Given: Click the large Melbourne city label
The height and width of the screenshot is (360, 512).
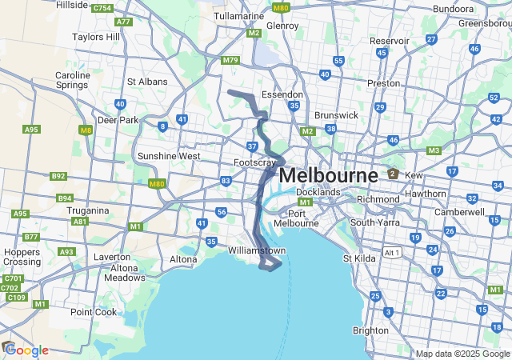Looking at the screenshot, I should (329, 175).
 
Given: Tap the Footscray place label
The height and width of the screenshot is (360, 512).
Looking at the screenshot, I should (254, 162).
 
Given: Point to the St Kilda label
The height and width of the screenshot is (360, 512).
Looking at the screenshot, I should (359, 258).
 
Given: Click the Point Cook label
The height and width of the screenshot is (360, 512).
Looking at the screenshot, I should (94, 312).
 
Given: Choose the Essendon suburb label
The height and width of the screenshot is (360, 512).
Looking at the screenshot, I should (283, 94).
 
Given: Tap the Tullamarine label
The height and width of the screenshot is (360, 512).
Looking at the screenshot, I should (240, 16).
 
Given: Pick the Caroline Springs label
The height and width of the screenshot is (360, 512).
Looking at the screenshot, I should (73, 81).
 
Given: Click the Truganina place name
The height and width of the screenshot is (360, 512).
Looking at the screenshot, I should (90, 210).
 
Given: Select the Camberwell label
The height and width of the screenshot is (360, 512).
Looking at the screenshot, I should (459, 212).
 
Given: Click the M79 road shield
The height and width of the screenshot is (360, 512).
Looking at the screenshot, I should (231, 60).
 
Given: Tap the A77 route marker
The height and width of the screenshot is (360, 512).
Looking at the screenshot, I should (124, 22).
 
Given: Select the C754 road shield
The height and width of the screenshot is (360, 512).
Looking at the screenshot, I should (102, 8).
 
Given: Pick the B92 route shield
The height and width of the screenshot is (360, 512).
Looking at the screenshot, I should (58, 176).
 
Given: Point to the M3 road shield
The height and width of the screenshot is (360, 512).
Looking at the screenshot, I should (434, 150).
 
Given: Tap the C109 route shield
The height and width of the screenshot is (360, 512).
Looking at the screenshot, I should (16, 298).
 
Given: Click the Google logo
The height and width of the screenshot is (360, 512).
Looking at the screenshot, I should (26, 350).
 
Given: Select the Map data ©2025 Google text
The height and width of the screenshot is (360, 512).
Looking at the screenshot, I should (461, 354).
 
